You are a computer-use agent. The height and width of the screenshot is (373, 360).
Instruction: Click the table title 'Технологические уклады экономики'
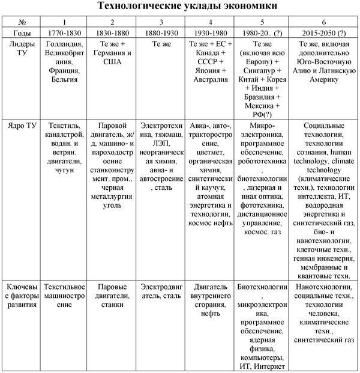pyautogui.click(x=179, y=7)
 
